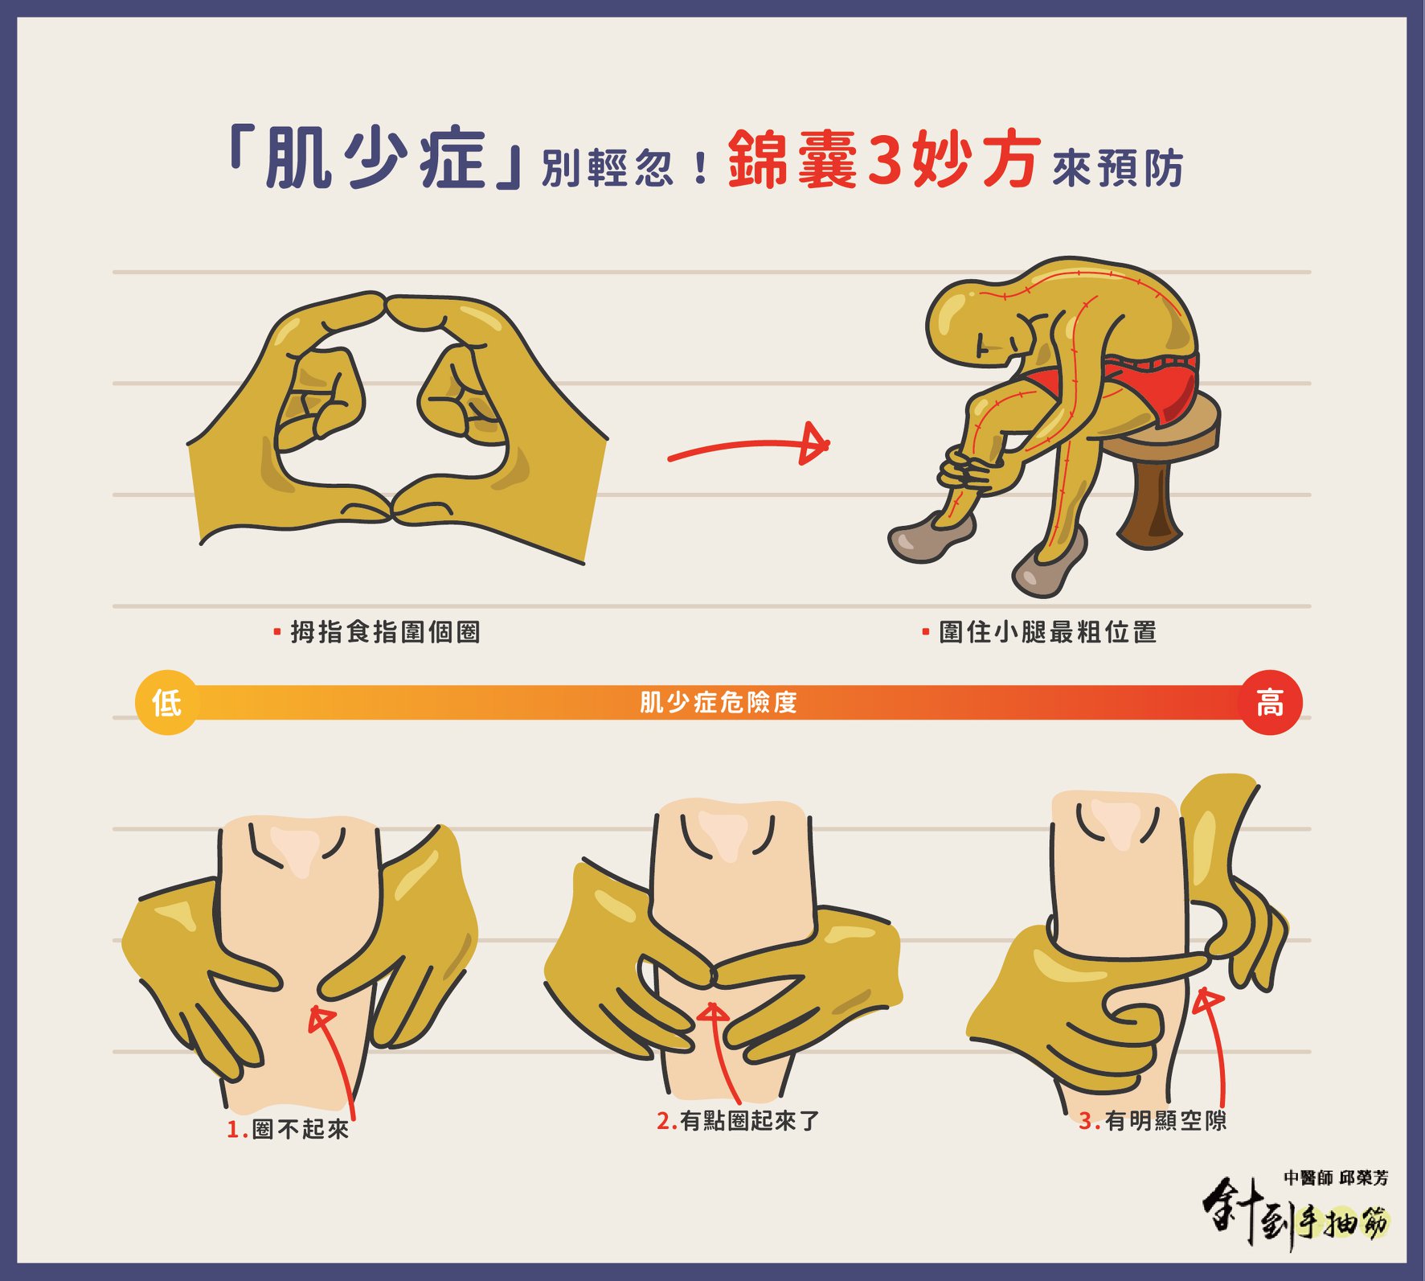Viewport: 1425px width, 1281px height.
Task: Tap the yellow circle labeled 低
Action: point(166,702)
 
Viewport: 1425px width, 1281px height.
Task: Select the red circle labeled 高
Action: point(1270,702)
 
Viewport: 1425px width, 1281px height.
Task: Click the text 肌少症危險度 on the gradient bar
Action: point(718,702)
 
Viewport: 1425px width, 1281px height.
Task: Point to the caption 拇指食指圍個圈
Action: point(385,632)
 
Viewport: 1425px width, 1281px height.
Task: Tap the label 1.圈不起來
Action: point(288,1129)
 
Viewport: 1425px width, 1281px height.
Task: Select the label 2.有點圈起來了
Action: point(738,1120)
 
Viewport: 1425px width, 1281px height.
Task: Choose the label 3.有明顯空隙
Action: point(1153,1120)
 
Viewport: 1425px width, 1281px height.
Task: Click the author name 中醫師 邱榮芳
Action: point(1336,1177)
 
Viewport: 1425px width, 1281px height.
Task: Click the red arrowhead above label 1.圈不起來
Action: point(321,1016)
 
